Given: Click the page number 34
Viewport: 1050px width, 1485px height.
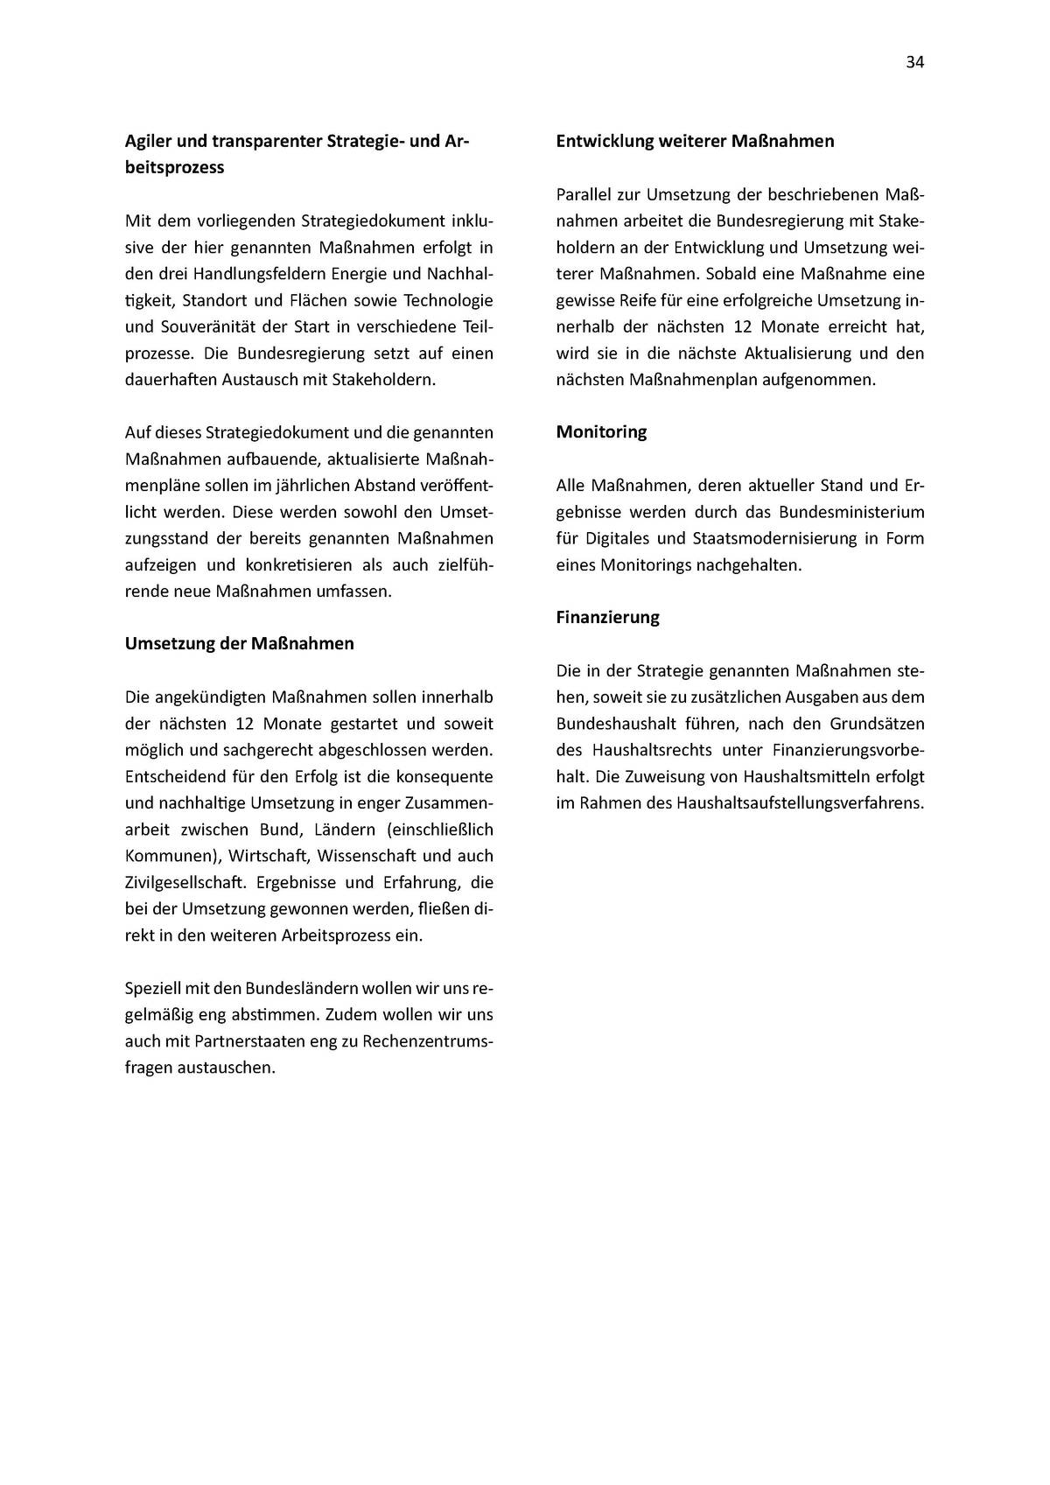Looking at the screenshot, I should point(914,62).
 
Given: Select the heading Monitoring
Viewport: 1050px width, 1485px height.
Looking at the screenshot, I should point(601,431).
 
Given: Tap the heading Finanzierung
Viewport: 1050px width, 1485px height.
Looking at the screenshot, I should point(607,617).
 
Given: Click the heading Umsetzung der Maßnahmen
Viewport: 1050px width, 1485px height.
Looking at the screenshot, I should point(239,643).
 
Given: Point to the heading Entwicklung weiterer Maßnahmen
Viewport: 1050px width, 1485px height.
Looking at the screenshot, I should point(695,141).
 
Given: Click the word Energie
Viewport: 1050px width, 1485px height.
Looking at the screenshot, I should point(349,274).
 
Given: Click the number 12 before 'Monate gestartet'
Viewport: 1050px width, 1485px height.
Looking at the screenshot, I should point(245,724).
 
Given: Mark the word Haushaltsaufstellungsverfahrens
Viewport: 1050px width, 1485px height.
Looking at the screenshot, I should point(800,802).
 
